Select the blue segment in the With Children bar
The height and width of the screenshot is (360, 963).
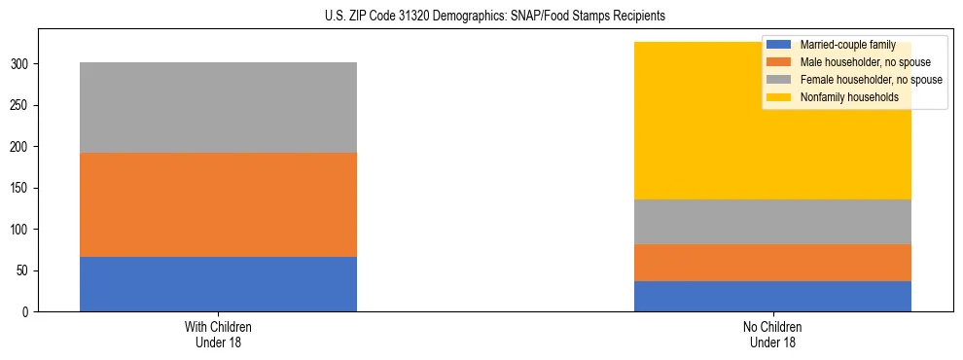[x=218, y=284]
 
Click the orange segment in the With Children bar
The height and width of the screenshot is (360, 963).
[x=218, y=204]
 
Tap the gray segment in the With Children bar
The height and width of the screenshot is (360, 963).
[x=218, y=107]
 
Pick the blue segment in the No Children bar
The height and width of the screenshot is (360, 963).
[x=772, y=296]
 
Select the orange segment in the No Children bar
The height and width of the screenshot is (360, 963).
[x=772, y=263]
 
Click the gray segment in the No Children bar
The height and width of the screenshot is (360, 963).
[x=772, y=222]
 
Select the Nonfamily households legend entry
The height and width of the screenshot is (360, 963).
[x=841, y=97]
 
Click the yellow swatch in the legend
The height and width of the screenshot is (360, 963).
[x=779, y=97]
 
